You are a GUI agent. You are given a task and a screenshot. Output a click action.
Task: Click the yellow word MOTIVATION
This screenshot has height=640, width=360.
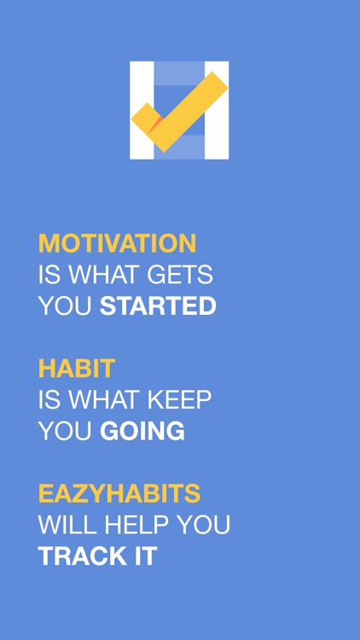117,243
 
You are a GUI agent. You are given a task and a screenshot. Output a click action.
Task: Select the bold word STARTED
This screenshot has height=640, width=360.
158,306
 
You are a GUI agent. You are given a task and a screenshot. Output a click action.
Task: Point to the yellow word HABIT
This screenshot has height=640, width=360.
77,369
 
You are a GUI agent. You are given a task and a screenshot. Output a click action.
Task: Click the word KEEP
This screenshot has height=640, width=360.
180,400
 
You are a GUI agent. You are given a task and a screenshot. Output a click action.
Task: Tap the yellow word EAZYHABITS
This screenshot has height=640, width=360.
119,494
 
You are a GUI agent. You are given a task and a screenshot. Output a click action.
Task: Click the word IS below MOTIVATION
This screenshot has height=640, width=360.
48,275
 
